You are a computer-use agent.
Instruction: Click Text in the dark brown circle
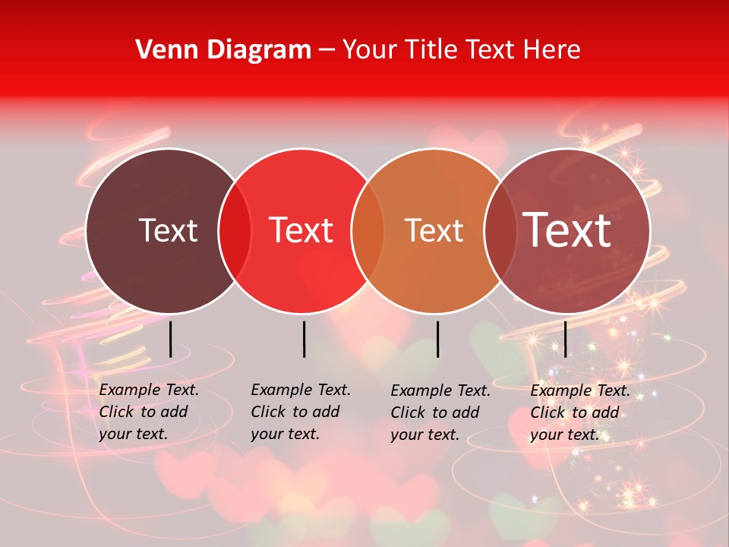(168, 230)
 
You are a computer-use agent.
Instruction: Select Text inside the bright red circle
(301, 230)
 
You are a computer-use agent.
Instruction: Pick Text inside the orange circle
(434, 230)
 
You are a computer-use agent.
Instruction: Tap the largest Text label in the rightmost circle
(567, 230)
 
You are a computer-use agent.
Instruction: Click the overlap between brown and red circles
(235, 231)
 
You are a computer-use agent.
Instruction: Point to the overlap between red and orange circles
(368, 231)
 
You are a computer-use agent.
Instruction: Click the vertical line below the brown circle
(170, 339)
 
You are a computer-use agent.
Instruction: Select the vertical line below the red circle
(304, 339)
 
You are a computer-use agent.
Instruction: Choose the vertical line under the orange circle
(437, 339)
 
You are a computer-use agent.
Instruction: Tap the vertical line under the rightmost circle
(566, 339)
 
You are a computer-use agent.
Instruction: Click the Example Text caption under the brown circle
(149, 412)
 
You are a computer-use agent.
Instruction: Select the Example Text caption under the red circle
(301, 412)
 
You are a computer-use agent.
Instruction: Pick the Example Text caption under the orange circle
(440, 413)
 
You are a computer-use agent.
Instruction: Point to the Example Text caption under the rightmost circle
(580, 413)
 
